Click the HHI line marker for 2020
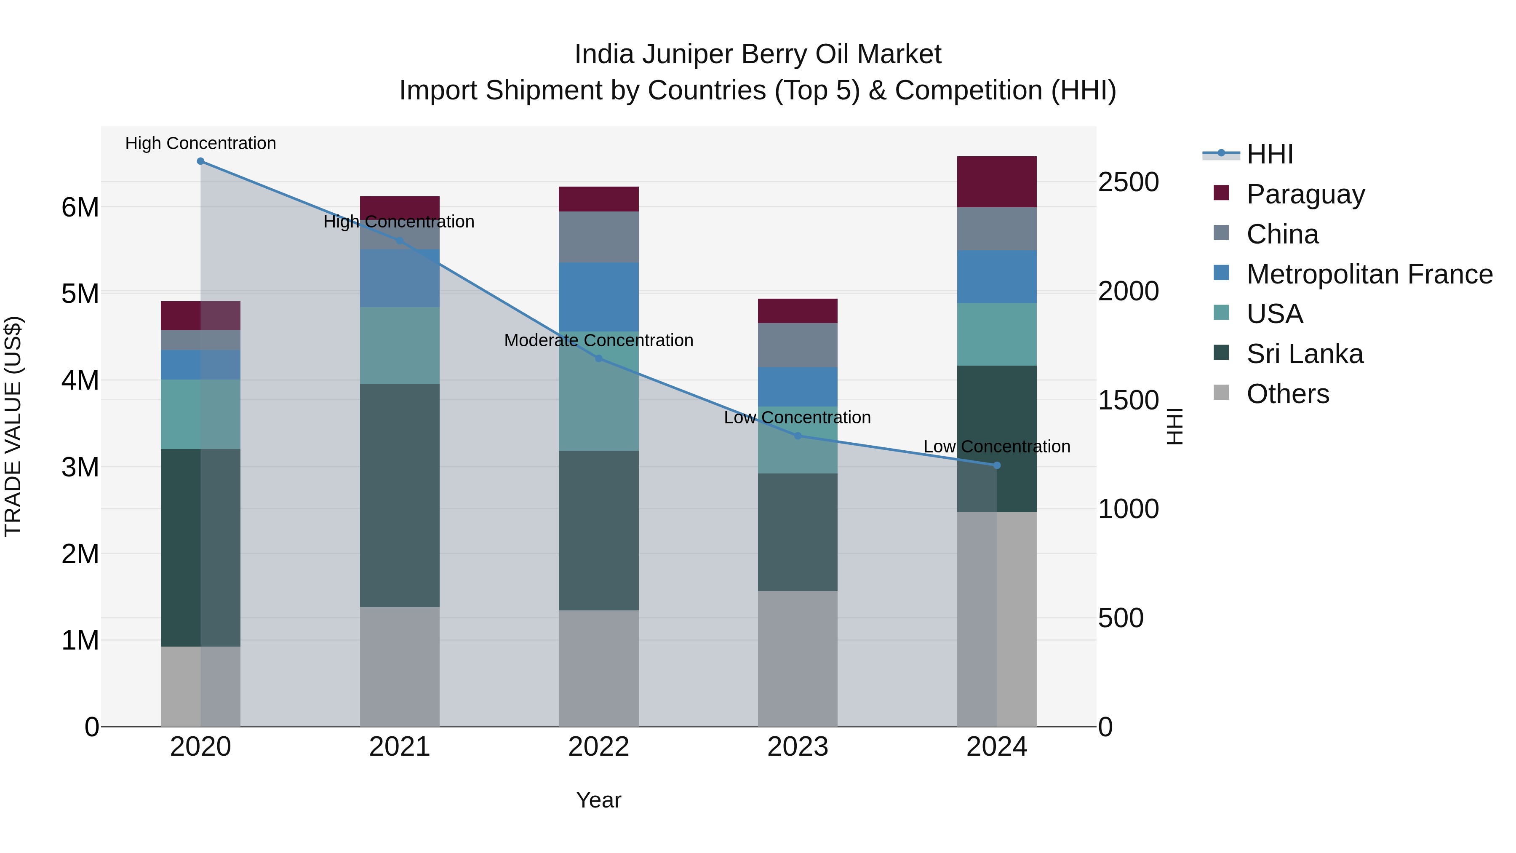tap(201, 161)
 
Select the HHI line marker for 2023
tap(798, 436)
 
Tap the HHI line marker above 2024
tap(997, 465)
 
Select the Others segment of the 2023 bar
tap(798, 658)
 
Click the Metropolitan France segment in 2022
tap(598, 297)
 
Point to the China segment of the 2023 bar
tap(798, 345)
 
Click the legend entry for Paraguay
tap(1305, 194)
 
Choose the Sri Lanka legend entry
tap(1304, 354)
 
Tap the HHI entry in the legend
tap(1269, 154)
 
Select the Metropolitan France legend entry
tap(1369, 274)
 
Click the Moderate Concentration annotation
tap(598, 340)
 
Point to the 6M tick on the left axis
tap(80, 207)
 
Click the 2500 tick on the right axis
tap(1128, 182)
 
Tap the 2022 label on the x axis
tap(598, 747)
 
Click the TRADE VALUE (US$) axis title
tap(13, 426)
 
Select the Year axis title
tap(598, 800)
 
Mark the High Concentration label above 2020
tap(201, 143)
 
